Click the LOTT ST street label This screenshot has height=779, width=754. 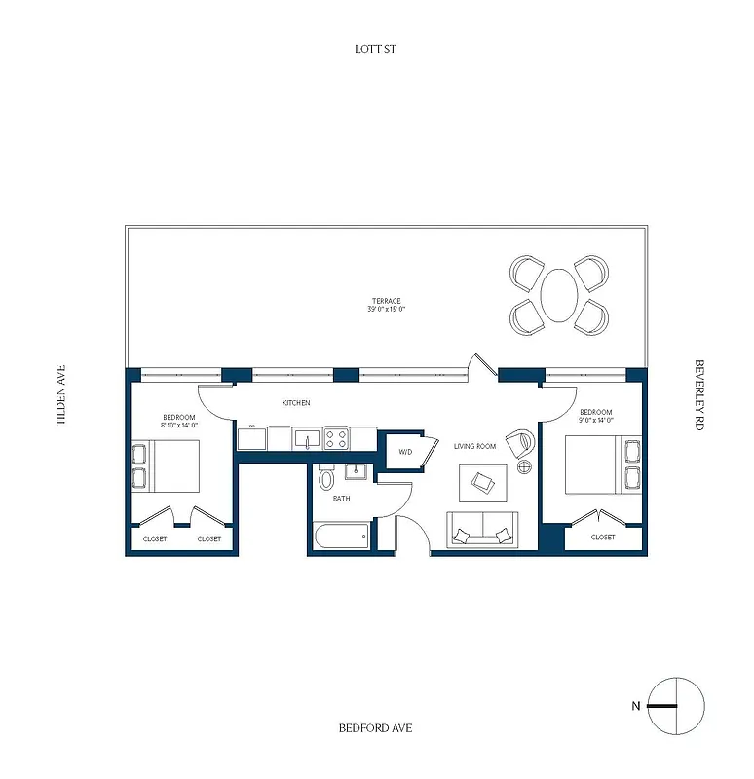tap(376, 48)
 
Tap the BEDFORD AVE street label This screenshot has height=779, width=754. tap(376, 727)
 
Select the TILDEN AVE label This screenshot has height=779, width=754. tap(60, 395)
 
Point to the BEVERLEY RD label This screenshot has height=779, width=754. tap(698, 395)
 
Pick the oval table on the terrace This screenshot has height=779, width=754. tap(558, 295)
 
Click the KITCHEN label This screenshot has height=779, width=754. tap(296, 402)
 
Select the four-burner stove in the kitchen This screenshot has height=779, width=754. tap(337, 437)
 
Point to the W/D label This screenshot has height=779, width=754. tap(404, 452)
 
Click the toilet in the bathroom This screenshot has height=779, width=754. tap(326, 478)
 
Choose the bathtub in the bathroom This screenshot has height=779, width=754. tap(341, 536)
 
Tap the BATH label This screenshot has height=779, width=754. tap(341, 499)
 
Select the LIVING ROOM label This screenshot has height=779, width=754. tap(475, 446)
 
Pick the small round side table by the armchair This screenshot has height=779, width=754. tap(524, 466)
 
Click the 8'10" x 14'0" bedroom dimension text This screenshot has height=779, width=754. tap(180, 425)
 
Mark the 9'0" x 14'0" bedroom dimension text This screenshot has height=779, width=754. tap(596, 419)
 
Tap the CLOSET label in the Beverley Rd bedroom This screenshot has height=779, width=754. tap(603, 537)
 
